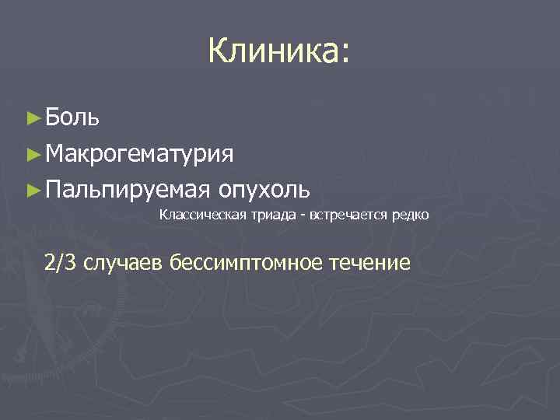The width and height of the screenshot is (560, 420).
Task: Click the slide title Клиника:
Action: (x=279, y=53)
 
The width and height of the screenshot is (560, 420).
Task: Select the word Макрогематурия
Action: (x=138, y=153)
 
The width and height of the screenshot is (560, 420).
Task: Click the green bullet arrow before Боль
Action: (x=32, y=118)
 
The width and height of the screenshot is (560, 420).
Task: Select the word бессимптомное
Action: (x=247, y=263)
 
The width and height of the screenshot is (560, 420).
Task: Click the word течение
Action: (x=368, y=263)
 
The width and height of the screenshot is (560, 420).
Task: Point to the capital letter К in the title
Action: (x=218, y=52)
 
